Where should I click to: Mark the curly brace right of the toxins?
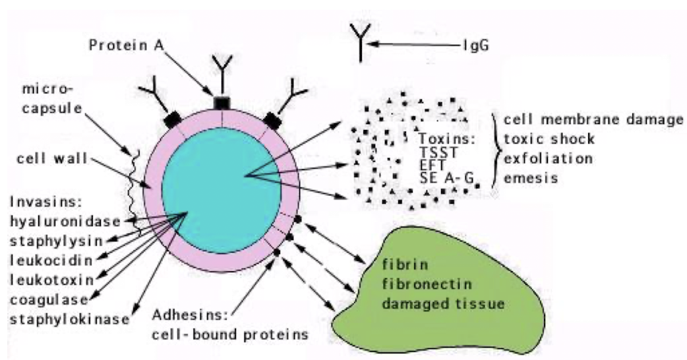[496, 148]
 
